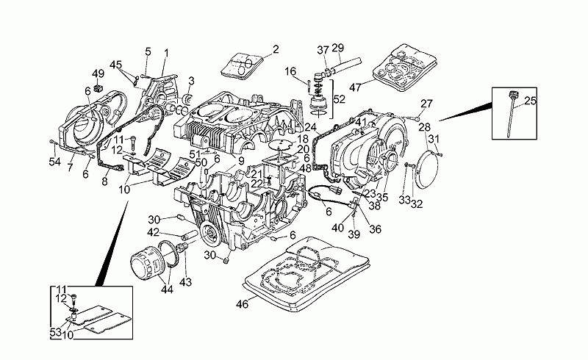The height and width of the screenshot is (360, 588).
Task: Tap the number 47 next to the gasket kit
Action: click(x=356, y=87)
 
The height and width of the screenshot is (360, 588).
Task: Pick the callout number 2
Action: click(x=276, y=50)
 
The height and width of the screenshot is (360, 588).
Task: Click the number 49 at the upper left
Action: click(x=98, y=73)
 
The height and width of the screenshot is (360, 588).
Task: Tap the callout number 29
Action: click(x=337, y=48)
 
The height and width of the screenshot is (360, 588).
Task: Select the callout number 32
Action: click(x=416, y=204)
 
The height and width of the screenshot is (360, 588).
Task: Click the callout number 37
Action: click(x=322, y=49)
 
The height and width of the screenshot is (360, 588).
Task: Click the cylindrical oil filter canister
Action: click(x=148, y=263)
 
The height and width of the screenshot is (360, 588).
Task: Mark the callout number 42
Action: click(x=152, y=232)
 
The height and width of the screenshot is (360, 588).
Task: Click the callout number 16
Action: click(x=291, y=71)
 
